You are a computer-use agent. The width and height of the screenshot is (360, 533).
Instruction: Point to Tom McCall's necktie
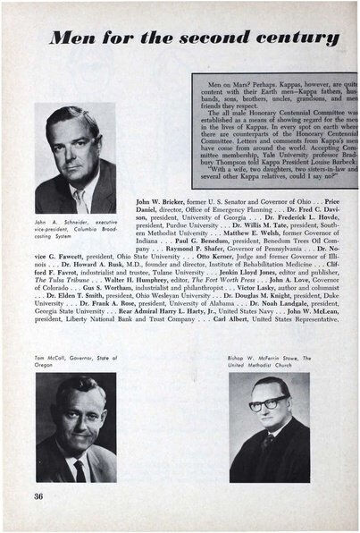pyautogui.click(x=80, y=470)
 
